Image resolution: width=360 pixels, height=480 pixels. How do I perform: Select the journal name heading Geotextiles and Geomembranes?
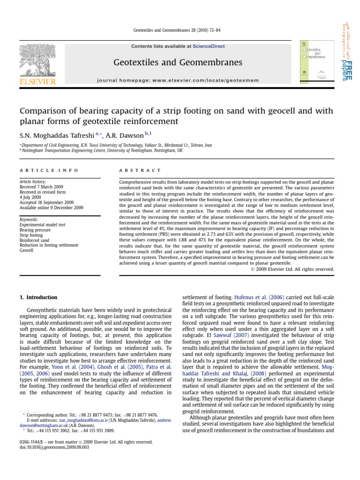(178, 62)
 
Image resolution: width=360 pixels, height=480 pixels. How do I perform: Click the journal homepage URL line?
(178, 81)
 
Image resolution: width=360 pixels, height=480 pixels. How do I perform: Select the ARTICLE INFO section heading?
(49, 170)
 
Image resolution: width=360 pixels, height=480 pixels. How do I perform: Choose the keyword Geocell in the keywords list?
(27, 251)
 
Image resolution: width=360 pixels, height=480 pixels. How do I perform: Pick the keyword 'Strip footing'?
(31, 235)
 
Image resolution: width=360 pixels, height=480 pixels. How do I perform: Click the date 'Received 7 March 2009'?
(41, 187)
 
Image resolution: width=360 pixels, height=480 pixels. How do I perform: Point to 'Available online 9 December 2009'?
(51, 208)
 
